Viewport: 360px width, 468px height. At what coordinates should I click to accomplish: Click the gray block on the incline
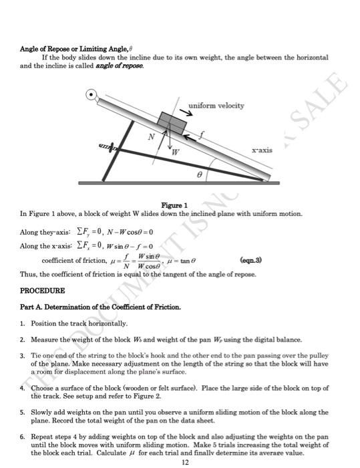[x=172, y=122]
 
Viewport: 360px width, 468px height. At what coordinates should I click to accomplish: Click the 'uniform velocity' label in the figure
[x=216, y=106]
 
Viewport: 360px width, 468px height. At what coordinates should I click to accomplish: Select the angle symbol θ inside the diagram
[x=198, y=172]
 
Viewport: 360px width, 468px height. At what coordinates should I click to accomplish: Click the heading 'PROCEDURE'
[x=43, y=291]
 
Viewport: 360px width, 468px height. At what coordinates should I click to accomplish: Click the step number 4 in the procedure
[x=22, y=388]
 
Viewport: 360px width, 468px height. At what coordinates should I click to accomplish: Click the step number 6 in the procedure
[x=22, y=435]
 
